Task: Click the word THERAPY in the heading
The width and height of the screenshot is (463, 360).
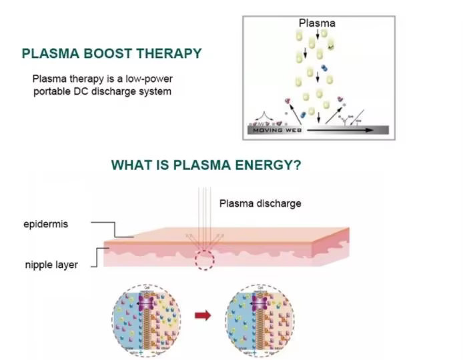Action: (x=171, y=53)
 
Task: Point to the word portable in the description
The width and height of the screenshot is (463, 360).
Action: (x=53, y=91)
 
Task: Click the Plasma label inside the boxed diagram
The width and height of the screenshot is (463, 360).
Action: (x=316, y=23)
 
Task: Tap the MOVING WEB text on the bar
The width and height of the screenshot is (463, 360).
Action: (x=273, y=131)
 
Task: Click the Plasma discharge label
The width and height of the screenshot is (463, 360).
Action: (x=260, y=203)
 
